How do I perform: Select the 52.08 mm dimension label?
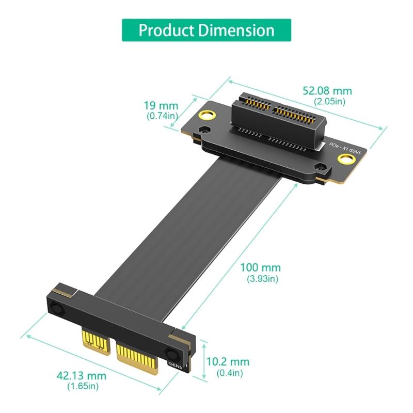click(x=327, y=91)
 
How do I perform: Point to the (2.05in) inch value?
click(x=327, y=102)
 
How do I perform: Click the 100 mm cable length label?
click(x=260, y=267)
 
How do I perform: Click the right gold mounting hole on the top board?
click(x=343, y=162)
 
